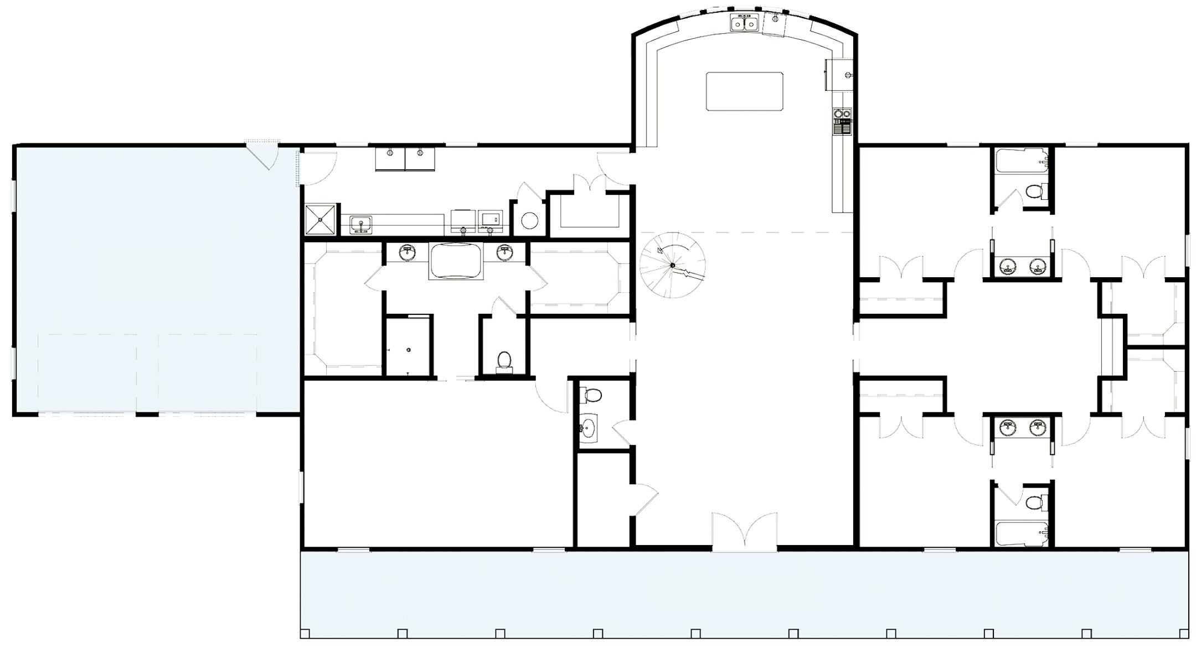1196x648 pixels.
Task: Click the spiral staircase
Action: click(x=672, y=265)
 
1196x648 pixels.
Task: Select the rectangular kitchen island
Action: click(x=744, y=91)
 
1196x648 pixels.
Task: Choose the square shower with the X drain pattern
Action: click(x=321, y=220)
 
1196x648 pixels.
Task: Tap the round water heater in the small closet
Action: click(x=529, y=221)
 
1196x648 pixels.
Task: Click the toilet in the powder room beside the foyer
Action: click(x=592, y=395)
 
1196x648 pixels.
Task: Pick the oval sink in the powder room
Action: click(x=589, y=428)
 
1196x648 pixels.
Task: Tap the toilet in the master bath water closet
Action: click(x=504, y=360)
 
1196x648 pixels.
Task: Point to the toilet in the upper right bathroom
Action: click(x=1033, y=192)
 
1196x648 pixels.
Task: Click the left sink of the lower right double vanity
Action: click(x=1007, y=428)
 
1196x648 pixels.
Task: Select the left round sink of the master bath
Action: click(x=408, y=253)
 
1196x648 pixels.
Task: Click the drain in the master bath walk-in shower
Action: click(x=409, y=350)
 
